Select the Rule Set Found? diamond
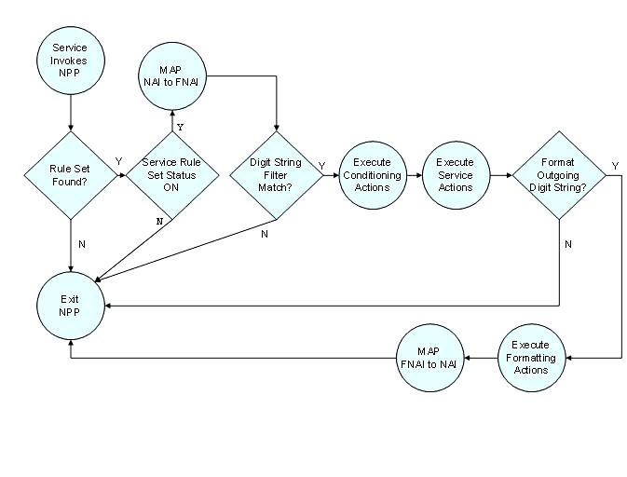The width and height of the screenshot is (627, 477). tap(70, 174)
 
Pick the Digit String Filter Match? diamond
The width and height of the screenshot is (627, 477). tap(276, 174)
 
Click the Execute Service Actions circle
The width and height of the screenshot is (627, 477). tap(455, 174)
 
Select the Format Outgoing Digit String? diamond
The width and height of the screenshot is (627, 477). tap(559, 174)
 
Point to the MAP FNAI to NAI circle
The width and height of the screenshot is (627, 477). tap(428, 358)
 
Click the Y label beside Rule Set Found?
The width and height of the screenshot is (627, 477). tap(118, 162)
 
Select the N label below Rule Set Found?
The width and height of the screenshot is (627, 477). tap(83, 244)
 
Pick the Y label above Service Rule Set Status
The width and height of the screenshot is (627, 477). tap(181, 126)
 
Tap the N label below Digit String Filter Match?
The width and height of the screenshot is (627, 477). tap(264, 234)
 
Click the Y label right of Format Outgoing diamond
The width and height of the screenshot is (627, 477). tap(614, 166)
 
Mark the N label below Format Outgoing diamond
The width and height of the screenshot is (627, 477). tap(569, 243)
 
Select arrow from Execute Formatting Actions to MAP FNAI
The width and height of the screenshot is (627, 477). tap(482, 358)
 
